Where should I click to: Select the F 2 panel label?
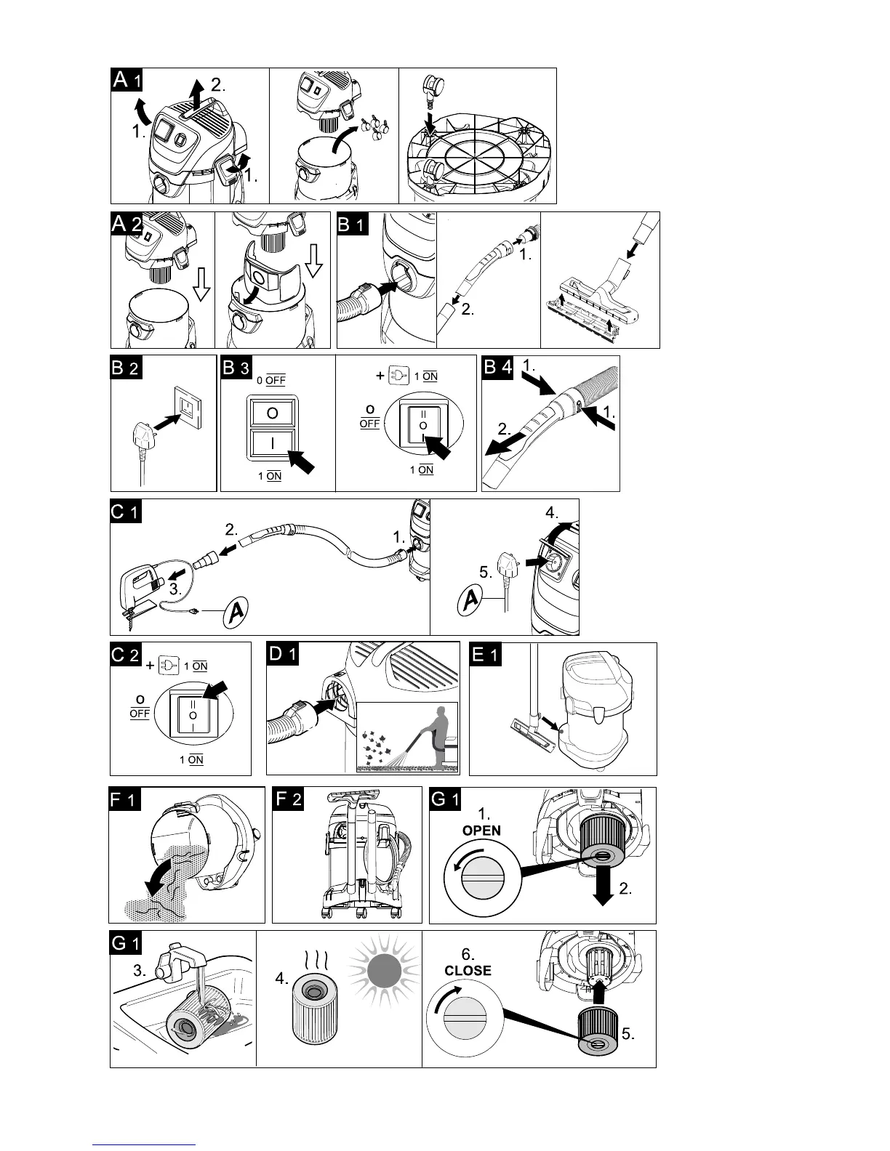(288, 800)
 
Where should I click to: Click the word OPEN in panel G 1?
(481, 831)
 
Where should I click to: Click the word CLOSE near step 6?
(468, 970)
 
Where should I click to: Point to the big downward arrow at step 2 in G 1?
(602, 889)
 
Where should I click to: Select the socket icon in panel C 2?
(168, 665)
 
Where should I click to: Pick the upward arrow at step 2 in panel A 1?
(196, 93)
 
